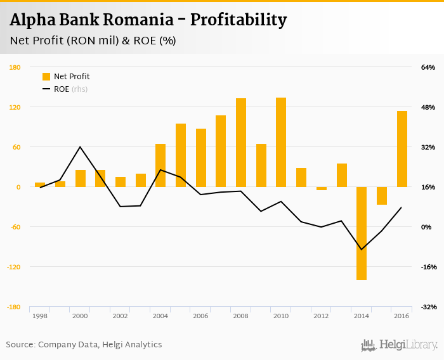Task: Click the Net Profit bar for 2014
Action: (x=362, y=233)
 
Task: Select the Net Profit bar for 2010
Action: (x=281, y=142)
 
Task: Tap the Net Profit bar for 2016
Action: (x=402, y=149)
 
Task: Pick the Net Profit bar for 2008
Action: (x=241, y=143)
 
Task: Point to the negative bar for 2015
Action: (x=382, y=196)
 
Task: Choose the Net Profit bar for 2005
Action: (x=181, y=155)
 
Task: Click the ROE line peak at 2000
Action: (x=80, y=147)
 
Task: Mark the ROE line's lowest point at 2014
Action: (x=362, y=249)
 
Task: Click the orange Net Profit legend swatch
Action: (x=46, y=77)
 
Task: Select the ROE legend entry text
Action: (x=62, y=89)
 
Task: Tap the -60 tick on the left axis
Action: (x=13, y=227)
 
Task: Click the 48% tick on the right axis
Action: (x=428, y=107)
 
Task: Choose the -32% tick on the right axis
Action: (x=428, y=307)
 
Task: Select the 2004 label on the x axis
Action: (x=160, y=316)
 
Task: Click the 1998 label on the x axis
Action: (x=40, y=316)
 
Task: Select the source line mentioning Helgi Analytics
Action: (x=84, y=345)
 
